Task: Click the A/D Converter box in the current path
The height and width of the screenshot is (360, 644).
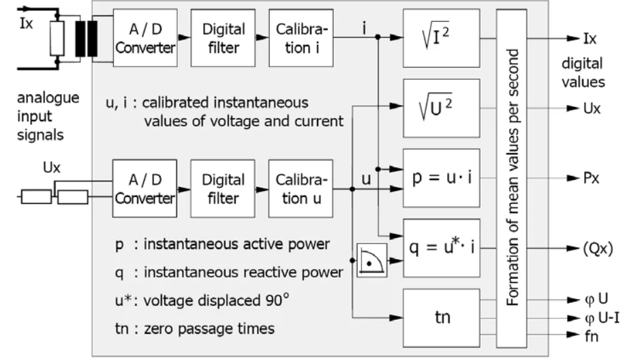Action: [145, 37]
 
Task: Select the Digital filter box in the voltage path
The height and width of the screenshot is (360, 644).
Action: [223, 189]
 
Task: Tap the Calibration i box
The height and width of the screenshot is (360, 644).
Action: [301, 37]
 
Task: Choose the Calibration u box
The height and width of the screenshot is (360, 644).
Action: [301, 189]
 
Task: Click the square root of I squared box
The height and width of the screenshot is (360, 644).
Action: [442, 38]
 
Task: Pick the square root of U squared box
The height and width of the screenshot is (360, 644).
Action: [442, 108]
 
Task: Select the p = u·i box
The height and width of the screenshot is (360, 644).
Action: [442, 178]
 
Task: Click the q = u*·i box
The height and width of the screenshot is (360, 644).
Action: [442, 248]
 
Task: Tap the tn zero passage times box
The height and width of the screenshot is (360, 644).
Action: [442, 318]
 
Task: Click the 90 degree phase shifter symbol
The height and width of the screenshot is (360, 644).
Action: [371, 260]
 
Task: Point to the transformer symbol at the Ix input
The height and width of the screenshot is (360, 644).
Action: [87, 39]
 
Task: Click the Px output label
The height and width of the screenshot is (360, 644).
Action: [591, 178]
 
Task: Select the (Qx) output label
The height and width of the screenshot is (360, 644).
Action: [598, 248]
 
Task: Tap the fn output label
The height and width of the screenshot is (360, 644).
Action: [592, 336]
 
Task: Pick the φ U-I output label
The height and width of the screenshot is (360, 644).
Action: [602, 318]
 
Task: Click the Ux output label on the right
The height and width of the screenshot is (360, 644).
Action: [592, 108]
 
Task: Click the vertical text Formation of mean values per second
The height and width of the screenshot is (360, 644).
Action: [512, 177]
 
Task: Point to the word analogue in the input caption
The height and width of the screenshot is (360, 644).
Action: [48, 98]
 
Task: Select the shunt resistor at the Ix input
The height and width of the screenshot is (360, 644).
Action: [57, 39]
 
